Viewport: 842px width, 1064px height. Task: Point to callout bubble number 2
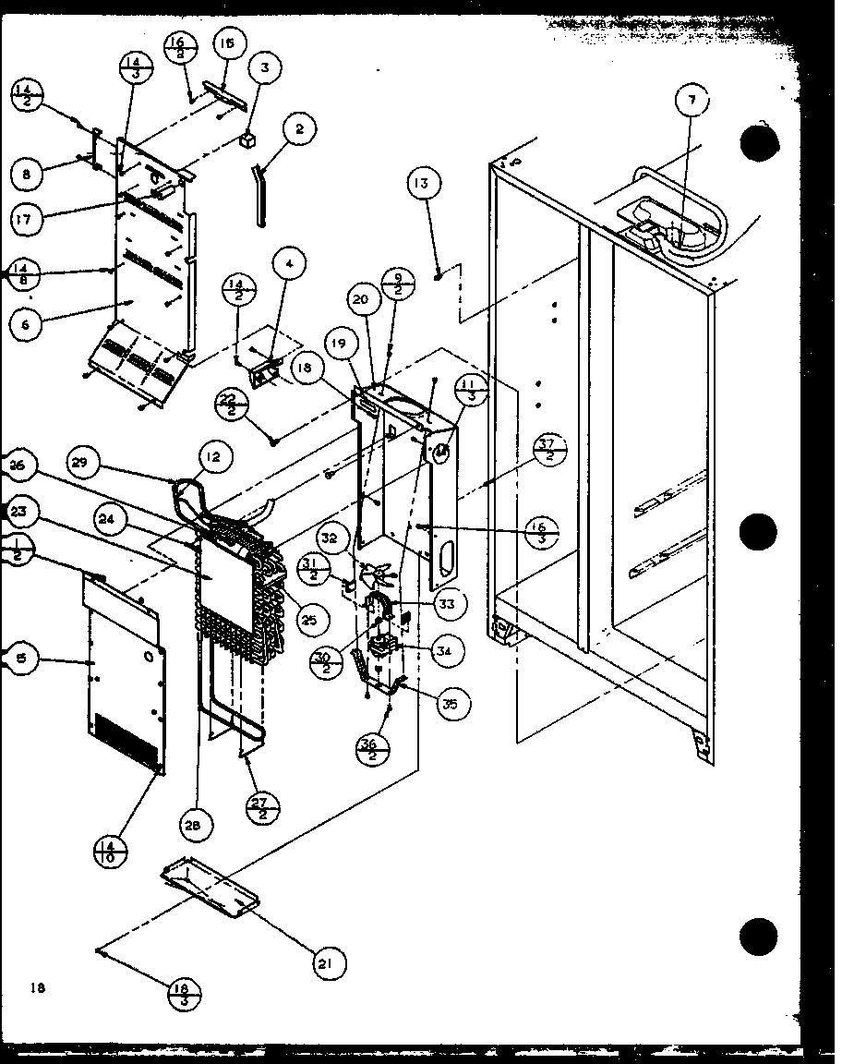point(299,130)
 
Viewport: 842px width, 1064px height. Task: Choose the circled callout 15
point(227,43)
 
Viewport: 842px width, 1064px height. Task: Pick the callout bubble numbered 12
point(213,455)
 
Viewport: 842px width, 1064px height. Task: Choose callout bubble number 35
point(451,704)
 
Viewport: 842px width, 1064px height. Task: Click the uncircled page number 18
point(36,987)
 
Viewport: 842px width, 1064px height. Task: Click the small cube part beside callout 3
point(247,140)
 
